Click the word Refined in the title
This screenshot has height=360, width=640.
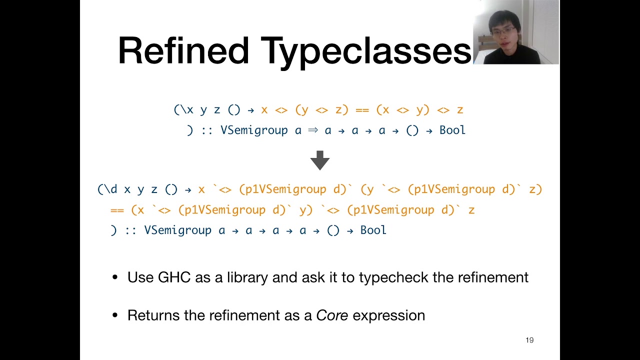(x=183, y=50)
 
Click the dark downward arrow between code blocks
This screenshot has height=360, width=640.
(x=320, y=160)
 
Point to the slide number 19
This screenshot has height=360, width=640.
(x=529, y=340)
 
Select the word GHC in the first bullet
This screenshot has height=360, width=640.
(x=174, y=277)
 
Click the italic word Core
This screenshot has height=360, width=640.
(x=332, y=315)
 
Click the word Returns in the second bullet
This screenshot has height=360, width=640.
(x=154, y=315)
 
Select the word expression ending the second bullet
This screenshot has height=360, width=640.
(x=389, y=315)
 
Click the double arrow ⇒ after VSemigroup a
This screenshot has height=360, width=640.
(x=313, y=130)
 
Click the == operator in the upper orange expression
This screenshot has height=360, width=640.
(x=362, y=110)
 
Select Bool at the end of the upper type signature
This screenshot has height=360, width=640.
(x=452, y=130)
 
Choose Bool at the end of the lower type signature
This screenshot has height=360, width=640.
(x=373, y=230)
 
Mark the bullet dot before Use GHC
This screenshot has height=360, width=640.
(x=115, y=278)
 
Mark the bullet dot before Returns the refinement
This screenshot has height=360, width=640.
(x=115, y=316)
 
